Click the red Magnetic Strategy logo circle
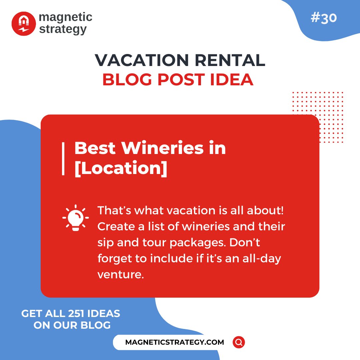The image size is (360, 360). pyautogui.click(x=23, y=24)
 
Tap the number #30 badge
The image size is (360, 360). pyautogui.click(x=323, y=18)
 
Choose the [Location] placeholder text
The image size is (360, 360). pyautogui.click(x=121, y=168)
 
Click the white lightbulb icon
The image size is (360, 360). pyautogui.click(x=76, y=218)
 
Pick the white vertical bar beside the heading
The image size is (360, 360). pyautogui.click(x=63, y=158)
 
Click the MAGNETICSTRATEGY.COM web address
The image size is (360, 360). pyautogui.click(x=175, y=342)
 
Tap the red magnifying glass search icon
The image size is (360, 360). pyautogui.click(x=239, y=342)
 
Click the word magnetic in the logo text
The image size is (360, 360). pyautogui.click(x=65, y=17)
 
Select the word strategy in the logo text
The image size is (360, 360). pyautogui.click(x=63, y=29)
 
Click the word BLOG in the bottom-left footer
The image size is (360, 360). pyautogui.click(x=96, y=325)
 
